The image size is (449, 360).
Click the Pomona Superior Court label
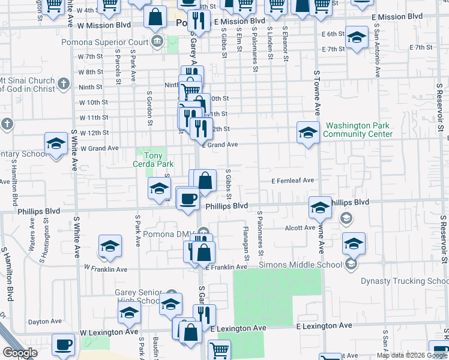[x=105, y=43]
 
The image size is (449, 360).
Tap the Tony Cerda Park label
[x=153, y=159]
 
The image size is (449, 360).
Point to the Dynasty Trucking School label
[x=404, y=281]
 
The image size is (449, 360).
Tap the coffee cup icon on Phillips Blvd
[x=188, y=198]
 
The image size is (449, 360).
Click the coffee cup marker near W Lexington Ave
[x=63, y=345]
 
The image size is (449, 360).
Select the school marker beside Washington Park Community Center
[x=308, y=133]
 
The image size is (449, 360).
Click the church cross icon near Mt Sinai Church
[x=64, y=85]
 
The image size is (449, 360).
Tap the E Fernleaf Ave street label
[x=292, y=180]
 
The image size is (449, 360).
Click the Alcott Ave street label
[x=300, y=228]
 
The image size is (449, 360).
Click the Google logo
[x=20, y=353]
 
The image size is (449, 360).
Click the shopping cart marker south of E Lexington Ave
[x=219, y=350]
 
